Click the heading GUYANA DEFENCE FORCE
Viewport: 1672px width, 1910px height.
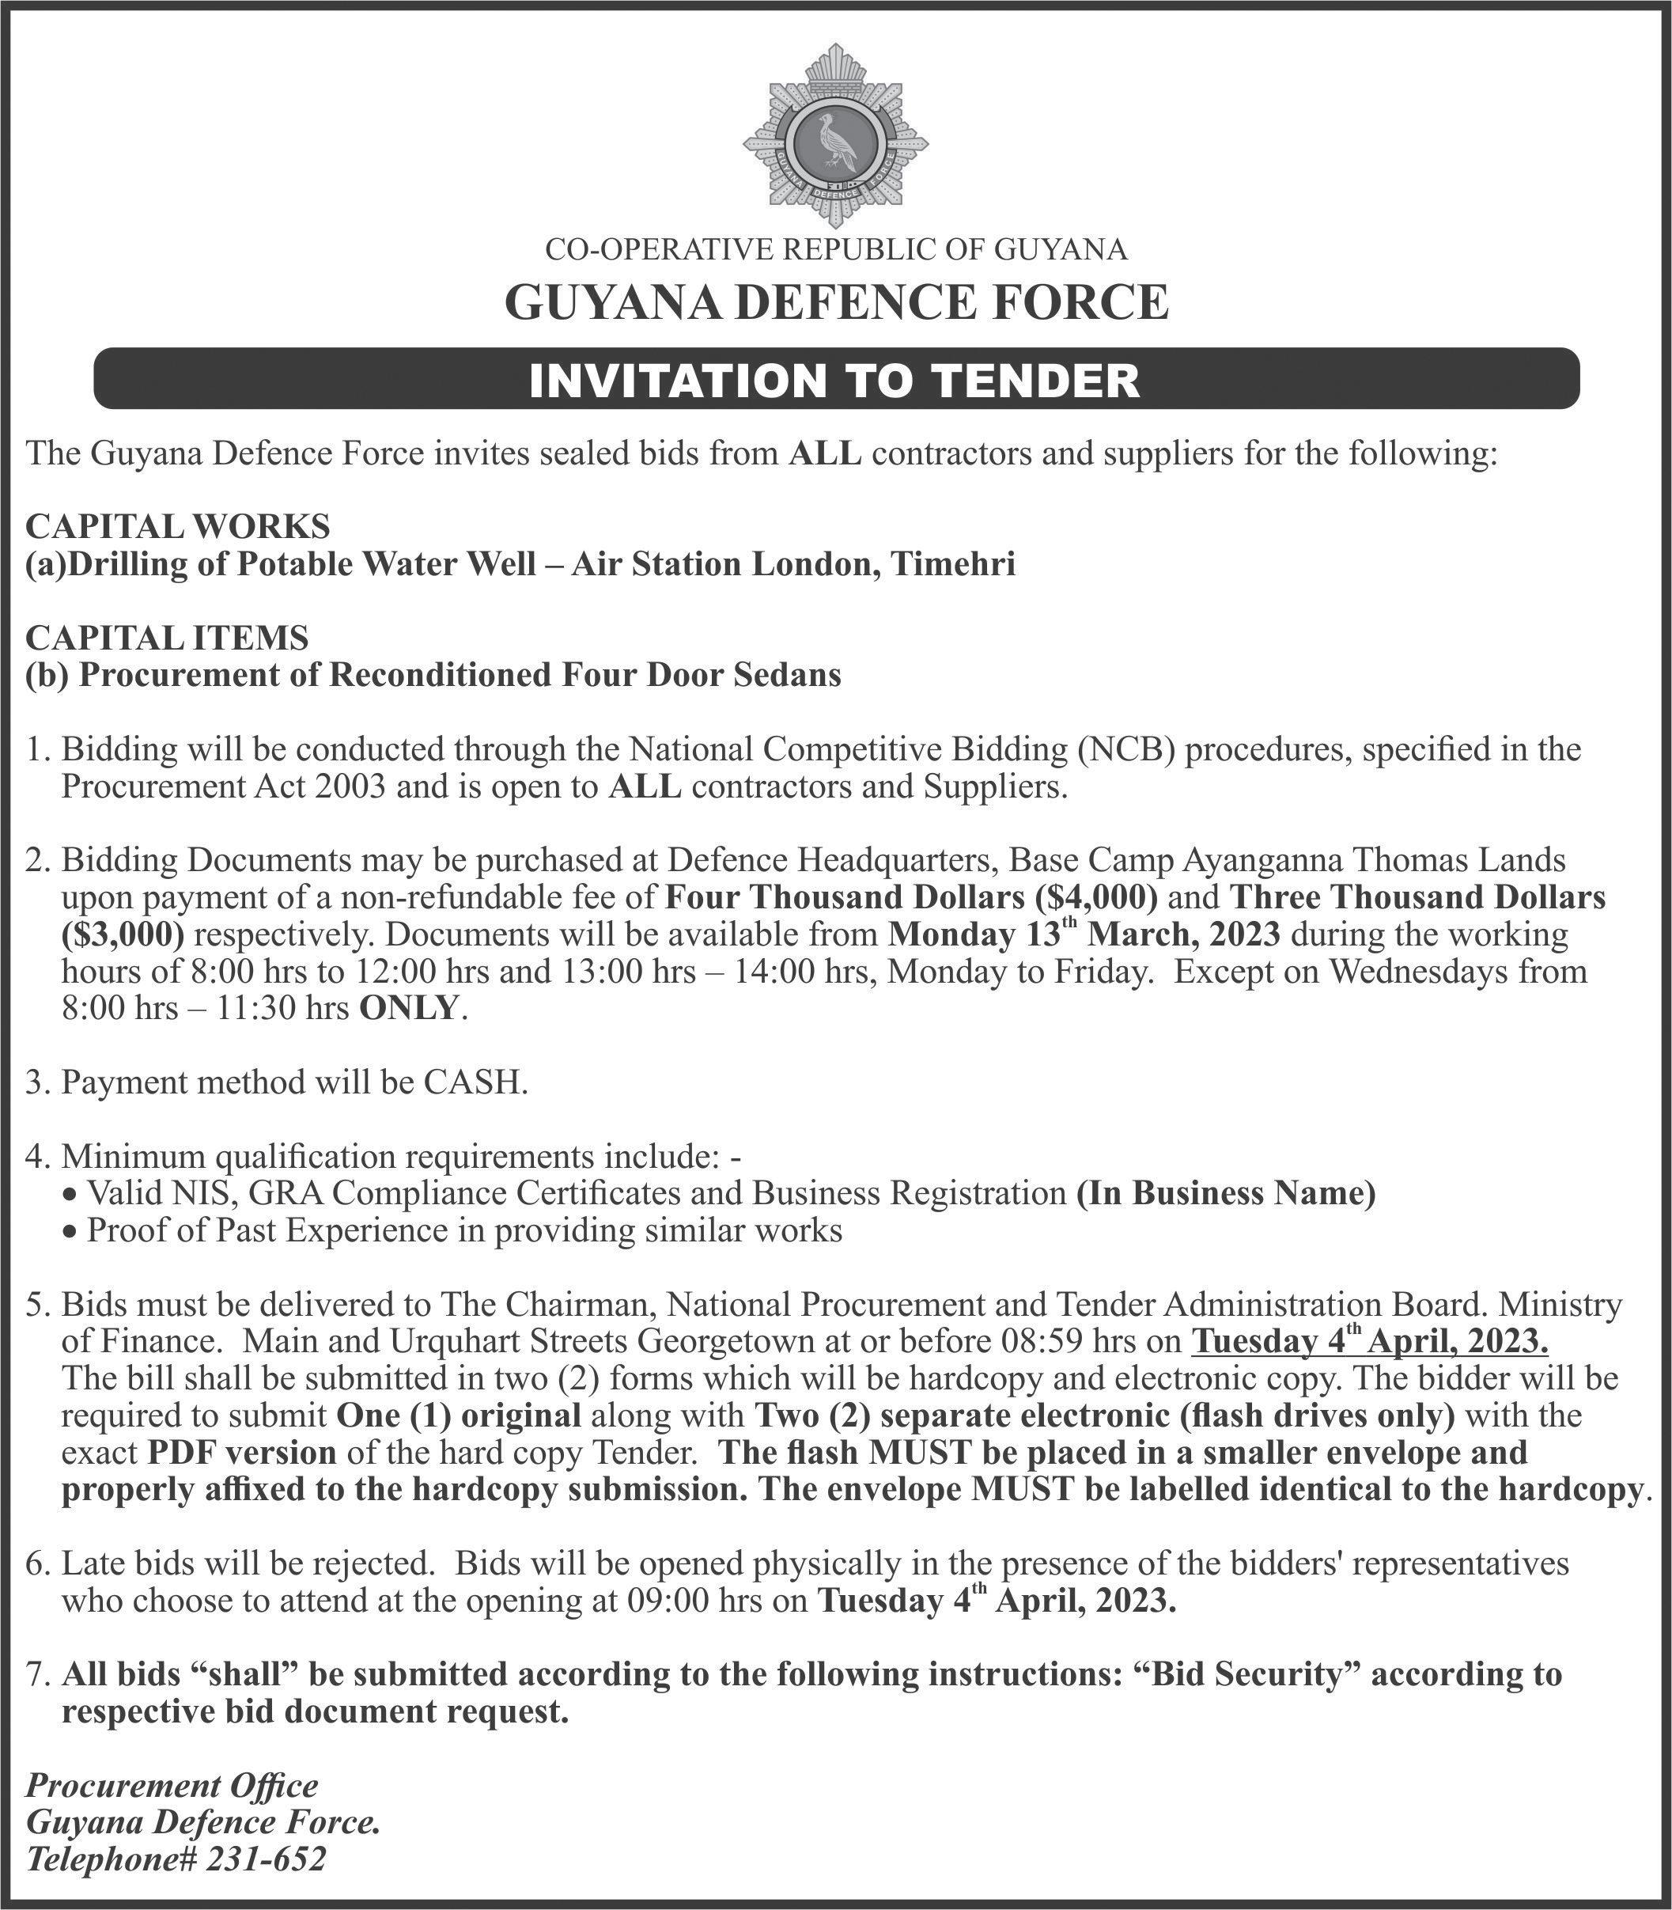point(836,302)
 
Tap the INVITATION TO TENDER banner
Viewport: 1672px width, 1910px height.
point(836,380)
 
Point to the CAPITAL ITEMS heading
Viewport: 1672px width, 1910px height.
point(167,638)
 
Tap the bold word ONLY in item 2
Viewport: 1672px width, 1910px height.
point(409,1008)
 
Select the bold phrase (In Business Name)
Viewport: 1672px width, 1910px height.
point(1225,1193)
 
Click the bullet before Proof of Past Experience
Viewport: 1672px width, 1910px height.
point(69,1232)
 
